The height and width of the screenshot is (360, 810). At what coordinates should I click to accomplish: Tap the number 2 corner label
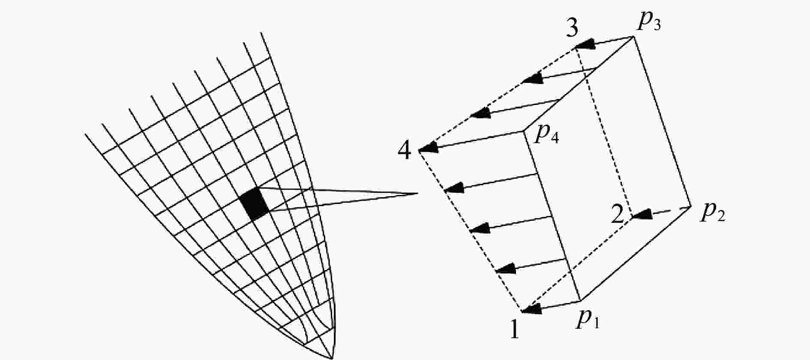point(618,214)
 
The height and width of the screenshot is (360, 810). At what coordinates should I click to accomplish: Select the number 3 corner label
point(572,29)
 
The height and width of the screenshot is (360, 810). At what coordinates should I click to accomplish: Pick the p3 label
point(648,22)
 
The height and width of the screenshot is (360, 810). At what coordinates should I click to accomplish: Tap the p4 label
point(547,135)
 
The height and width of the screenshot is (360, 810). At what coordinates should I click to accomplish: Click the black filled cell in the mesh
point(255,204)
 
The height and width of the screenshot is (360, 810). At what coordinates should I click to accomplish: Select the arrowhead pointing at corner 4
point(428,148)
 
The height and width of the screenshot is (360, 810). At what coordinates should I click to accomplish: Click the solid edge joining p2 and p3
point(662,122)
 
